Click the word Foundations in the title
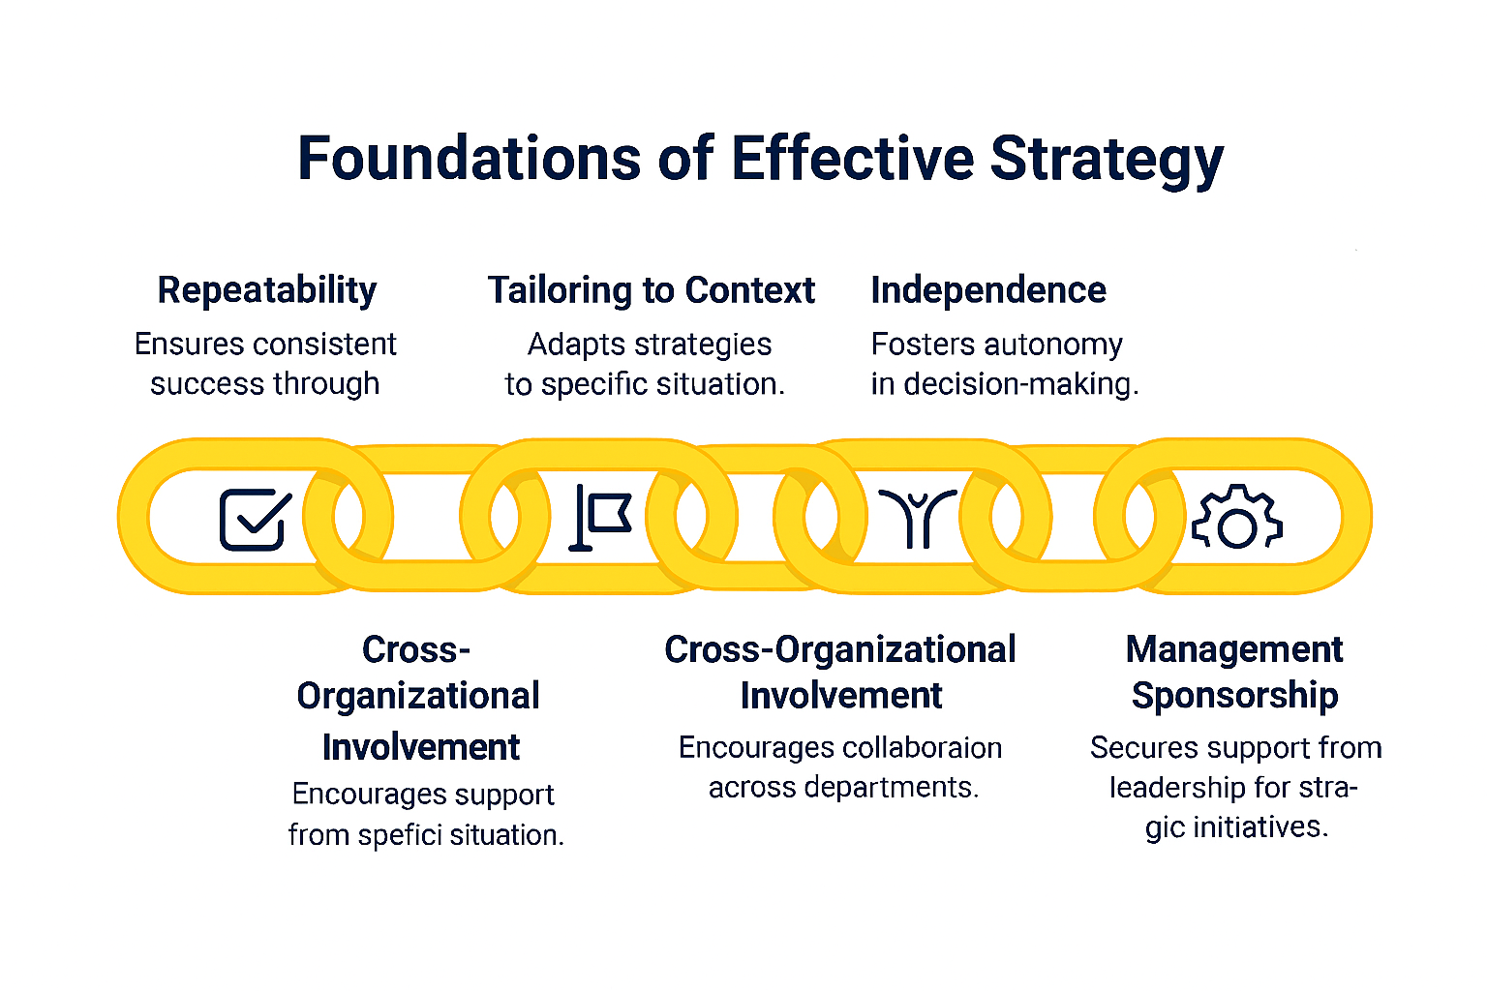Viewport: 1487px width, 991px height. coord(469,158)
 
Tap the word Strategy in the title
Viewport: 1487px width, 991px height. coord(1107,160)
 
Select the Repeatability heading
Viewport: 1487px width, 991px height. coord(267,290)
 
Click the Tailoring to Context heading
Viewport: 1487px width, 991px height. coord(651,290)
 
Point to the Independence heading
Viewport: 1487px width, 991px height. coord(988,290)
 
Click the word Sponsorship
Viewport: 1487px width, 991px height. coord(1234,696)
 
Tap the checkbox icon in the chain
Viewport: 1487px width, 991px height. coord(255,520)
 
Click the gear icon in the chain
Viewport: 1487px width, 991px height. coord(1236,519)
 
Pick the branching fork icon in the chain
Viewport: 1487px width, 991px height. coord(917,518)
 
